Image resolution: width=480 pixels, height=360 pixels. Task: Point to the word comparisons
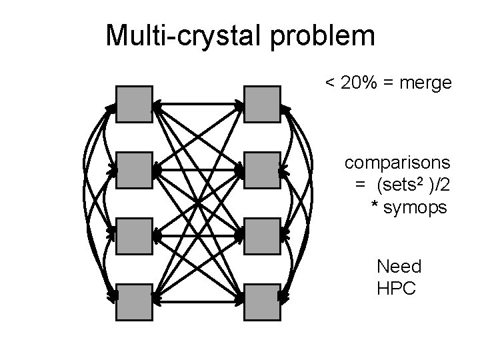click(397, 162)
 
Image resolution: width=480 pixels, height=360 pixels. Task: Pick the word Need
click(399, 267)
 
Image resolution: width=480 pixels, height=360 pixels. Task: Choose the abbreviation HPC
click(396, 289)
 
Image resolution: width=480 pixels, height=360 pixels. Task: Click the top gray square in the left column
click(134, 105)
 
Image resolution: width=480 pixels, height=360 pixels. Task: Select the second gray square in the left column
click(134, 171)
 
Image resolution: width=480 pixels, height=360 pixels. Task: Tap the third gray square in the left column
click(134, 236)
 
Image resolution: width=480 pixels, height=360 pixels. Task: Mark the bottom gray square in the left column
click(134, 302)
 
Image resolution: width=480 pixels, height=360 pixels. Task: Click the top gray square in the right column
click(262, 105)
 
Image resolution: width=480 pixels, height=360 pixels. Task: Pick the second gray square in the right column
click(262, 171)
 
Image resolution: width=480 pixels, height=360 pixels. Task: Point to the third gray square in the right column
click(262, 236)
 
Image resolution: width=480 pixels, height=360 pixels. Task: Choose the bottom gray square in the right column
click(262, 302)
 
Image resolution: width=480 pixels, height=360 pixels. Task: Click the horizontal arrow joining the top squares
click(198, 104)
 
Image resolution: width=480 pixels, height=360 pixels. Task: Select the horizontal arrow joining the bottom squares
click(198, 302)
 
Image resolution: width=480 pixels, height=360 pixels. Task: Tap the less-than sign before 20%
click(329, 83)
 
